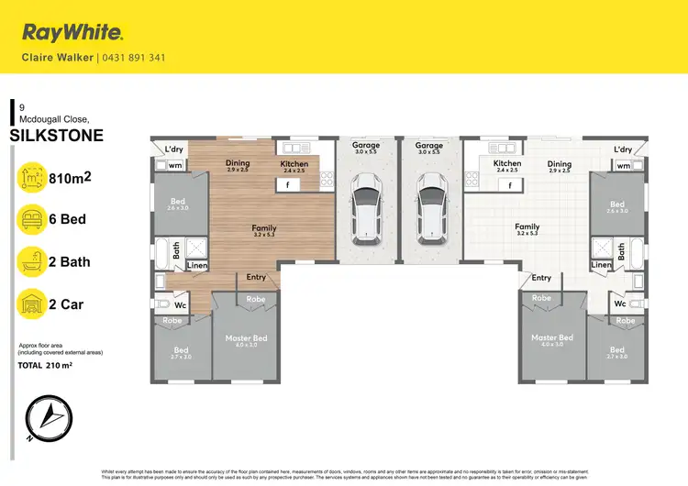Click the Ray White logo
click(x=72, y=34)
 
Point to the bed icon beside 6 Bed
click(x=31, y=219)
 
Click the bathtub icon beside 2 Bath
click(x=31, y=262)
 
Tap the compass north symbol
click(x=44, y=418)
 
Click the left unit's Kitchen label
click(x=294, y=164)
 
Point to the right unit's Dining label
click(x=560, y=164)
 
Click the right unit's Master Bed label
click(x=551, y=338)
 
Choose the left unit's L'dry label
click(x=175, y=149)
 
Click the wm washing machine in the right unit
click(x=624, y=166)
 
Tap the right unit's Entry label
click(x=541, y=278)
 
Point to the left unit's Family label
click(x=263, y=227)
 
